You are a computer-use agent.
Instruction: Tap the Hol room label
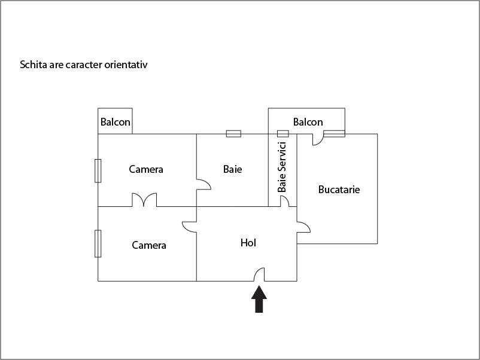tap(248, 243)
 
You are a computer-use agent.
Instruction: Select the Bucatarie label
tap(339, 190)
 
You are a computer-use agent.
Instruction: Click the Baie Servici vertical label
tap(282, 167)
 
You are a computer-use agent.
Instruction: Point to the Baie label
tap(232, 169)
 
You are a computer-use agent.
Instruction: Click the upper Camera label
tap(146, 169)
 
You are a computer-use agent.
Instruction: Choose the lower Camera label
tap(149, 245)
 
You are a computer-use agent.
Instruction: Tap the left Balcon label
tap(115, 122)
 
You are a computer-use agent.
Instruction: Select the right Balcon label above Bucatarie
tap(308, 122)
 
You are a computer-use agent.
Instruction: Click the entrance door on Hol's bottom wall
tap(260, 274)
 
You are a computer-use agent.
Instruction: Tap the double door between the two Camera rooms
tap(144, 200)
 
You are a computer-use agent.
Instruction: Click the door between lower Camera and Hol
tap(190, 227)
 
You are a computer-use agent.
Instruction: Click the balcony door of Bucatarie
tap(318, 139)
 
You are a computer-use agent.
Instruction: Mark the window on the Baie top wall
tap(233, 133)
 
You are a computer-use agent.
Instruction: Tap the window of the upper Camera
tap(98, 170)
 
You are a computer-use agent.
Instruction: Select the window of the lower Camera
tap(98, 243)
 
